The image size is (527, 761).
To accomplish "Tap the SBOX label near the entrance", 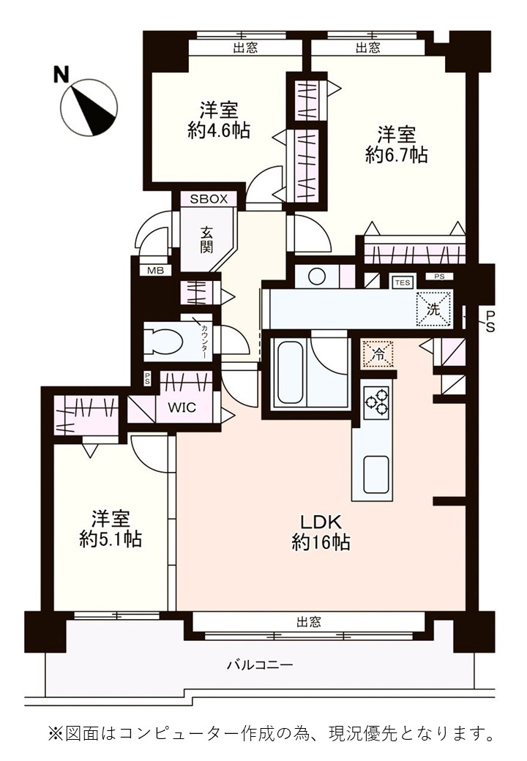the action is (209, 198).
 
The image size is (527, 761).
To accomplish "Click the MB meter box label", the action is (155, 271).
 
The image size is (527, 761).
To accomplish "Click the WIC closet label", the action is (182, 407).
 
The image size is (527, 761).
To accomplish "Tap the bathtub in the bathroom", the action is (290, 371).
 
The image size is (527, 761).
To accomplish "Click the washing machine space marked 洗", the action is (434, 310).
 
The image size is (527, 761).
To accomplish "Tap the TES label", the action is (403, 282).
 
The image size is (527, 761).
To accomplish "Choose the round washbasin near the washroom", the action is (317, 277).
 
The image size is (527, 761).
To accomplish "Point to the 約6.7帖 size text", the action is (397, 155).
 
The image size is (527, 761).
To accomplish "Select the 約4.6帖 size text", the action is (219, 130).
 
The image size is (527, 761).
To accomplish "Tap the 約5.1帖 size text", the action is (111, 539).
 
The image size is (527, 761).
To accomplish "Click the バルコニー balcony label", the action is (260, 664).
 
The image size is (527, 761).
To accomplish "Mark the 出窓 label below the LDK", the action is (309, 622).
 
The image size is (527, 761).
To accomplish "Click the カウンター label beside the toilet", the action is (203, 342).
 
